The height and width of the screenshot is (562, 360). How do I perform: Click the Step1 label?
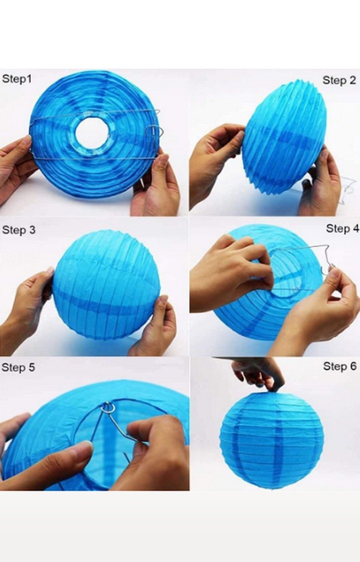[x=16, y=79]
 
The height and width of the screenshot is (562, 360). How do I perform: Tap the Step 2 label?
[x=339, y=80]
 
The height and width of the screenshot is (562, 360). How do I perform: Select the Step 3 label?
[x=18, y=230]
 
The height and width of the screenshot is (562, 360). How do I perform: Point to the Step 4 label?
[x=342, y=228]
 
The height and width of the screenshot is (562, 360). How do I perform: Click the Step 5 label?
[x=18, y=368]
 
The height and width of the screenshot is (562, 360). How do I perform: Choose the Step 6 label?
[x=339, y=366]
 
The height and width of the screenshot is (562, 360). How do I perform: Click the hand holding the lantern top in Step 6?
[x=260, y=372]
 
